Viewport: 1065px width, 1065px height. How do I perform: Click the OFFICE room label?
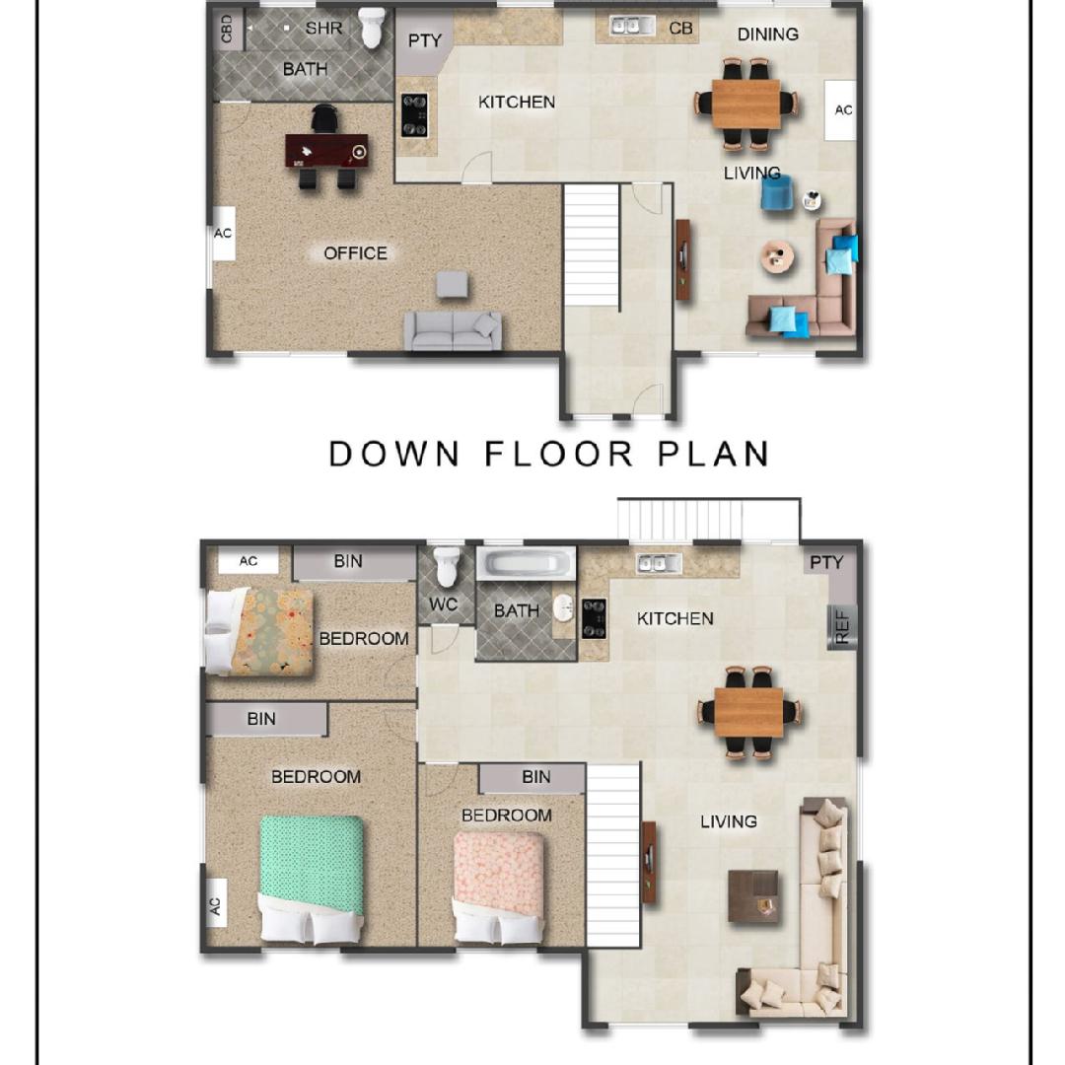coord(355,253)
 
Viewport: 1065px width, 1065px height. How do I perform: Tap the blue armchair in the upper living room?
coord(776,194)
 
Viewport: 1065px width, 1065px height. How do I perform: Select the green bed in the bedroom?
coord(311,879)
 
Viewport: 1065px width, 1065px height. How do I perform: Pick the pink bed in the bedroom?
coord(499,887)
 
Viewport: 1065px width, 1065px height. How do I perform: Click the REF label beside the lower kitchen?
coord(842,627)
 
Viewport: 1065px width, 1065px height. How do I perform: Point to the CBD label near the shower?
coord(227,30)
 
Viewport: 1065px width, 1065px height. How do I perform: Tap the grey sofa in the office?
coord(453,330)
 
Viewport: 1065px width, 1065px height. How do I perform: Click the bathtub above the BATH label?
coord(527,564)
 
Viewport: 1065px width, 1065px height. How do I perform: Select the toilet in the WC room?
coord(447,566)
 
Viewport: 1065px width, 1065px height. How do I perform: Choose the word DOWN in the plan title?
coord(393,454)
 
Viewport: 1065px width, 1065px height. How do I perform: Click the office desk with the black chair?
coord(327,150)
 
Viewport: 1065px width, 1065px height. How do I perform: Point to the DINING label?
coord(767,34)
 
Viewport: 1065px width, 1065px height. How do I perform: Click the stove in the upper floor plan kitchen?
coord(414,114)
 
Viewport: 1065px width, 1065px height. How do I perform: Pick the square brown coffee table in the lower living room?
coord(753,895)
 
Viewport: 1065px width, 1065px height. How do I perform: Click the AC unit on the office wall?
coord(224,233)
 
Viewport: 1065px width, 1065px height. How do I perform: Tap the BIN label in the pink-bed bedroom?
coord(535,777)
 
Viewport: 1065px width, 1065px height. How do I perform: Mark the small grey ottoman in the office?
coord(452,285)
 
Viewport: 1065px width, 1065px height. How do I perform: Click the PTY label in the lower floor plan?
coord(826,562)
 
